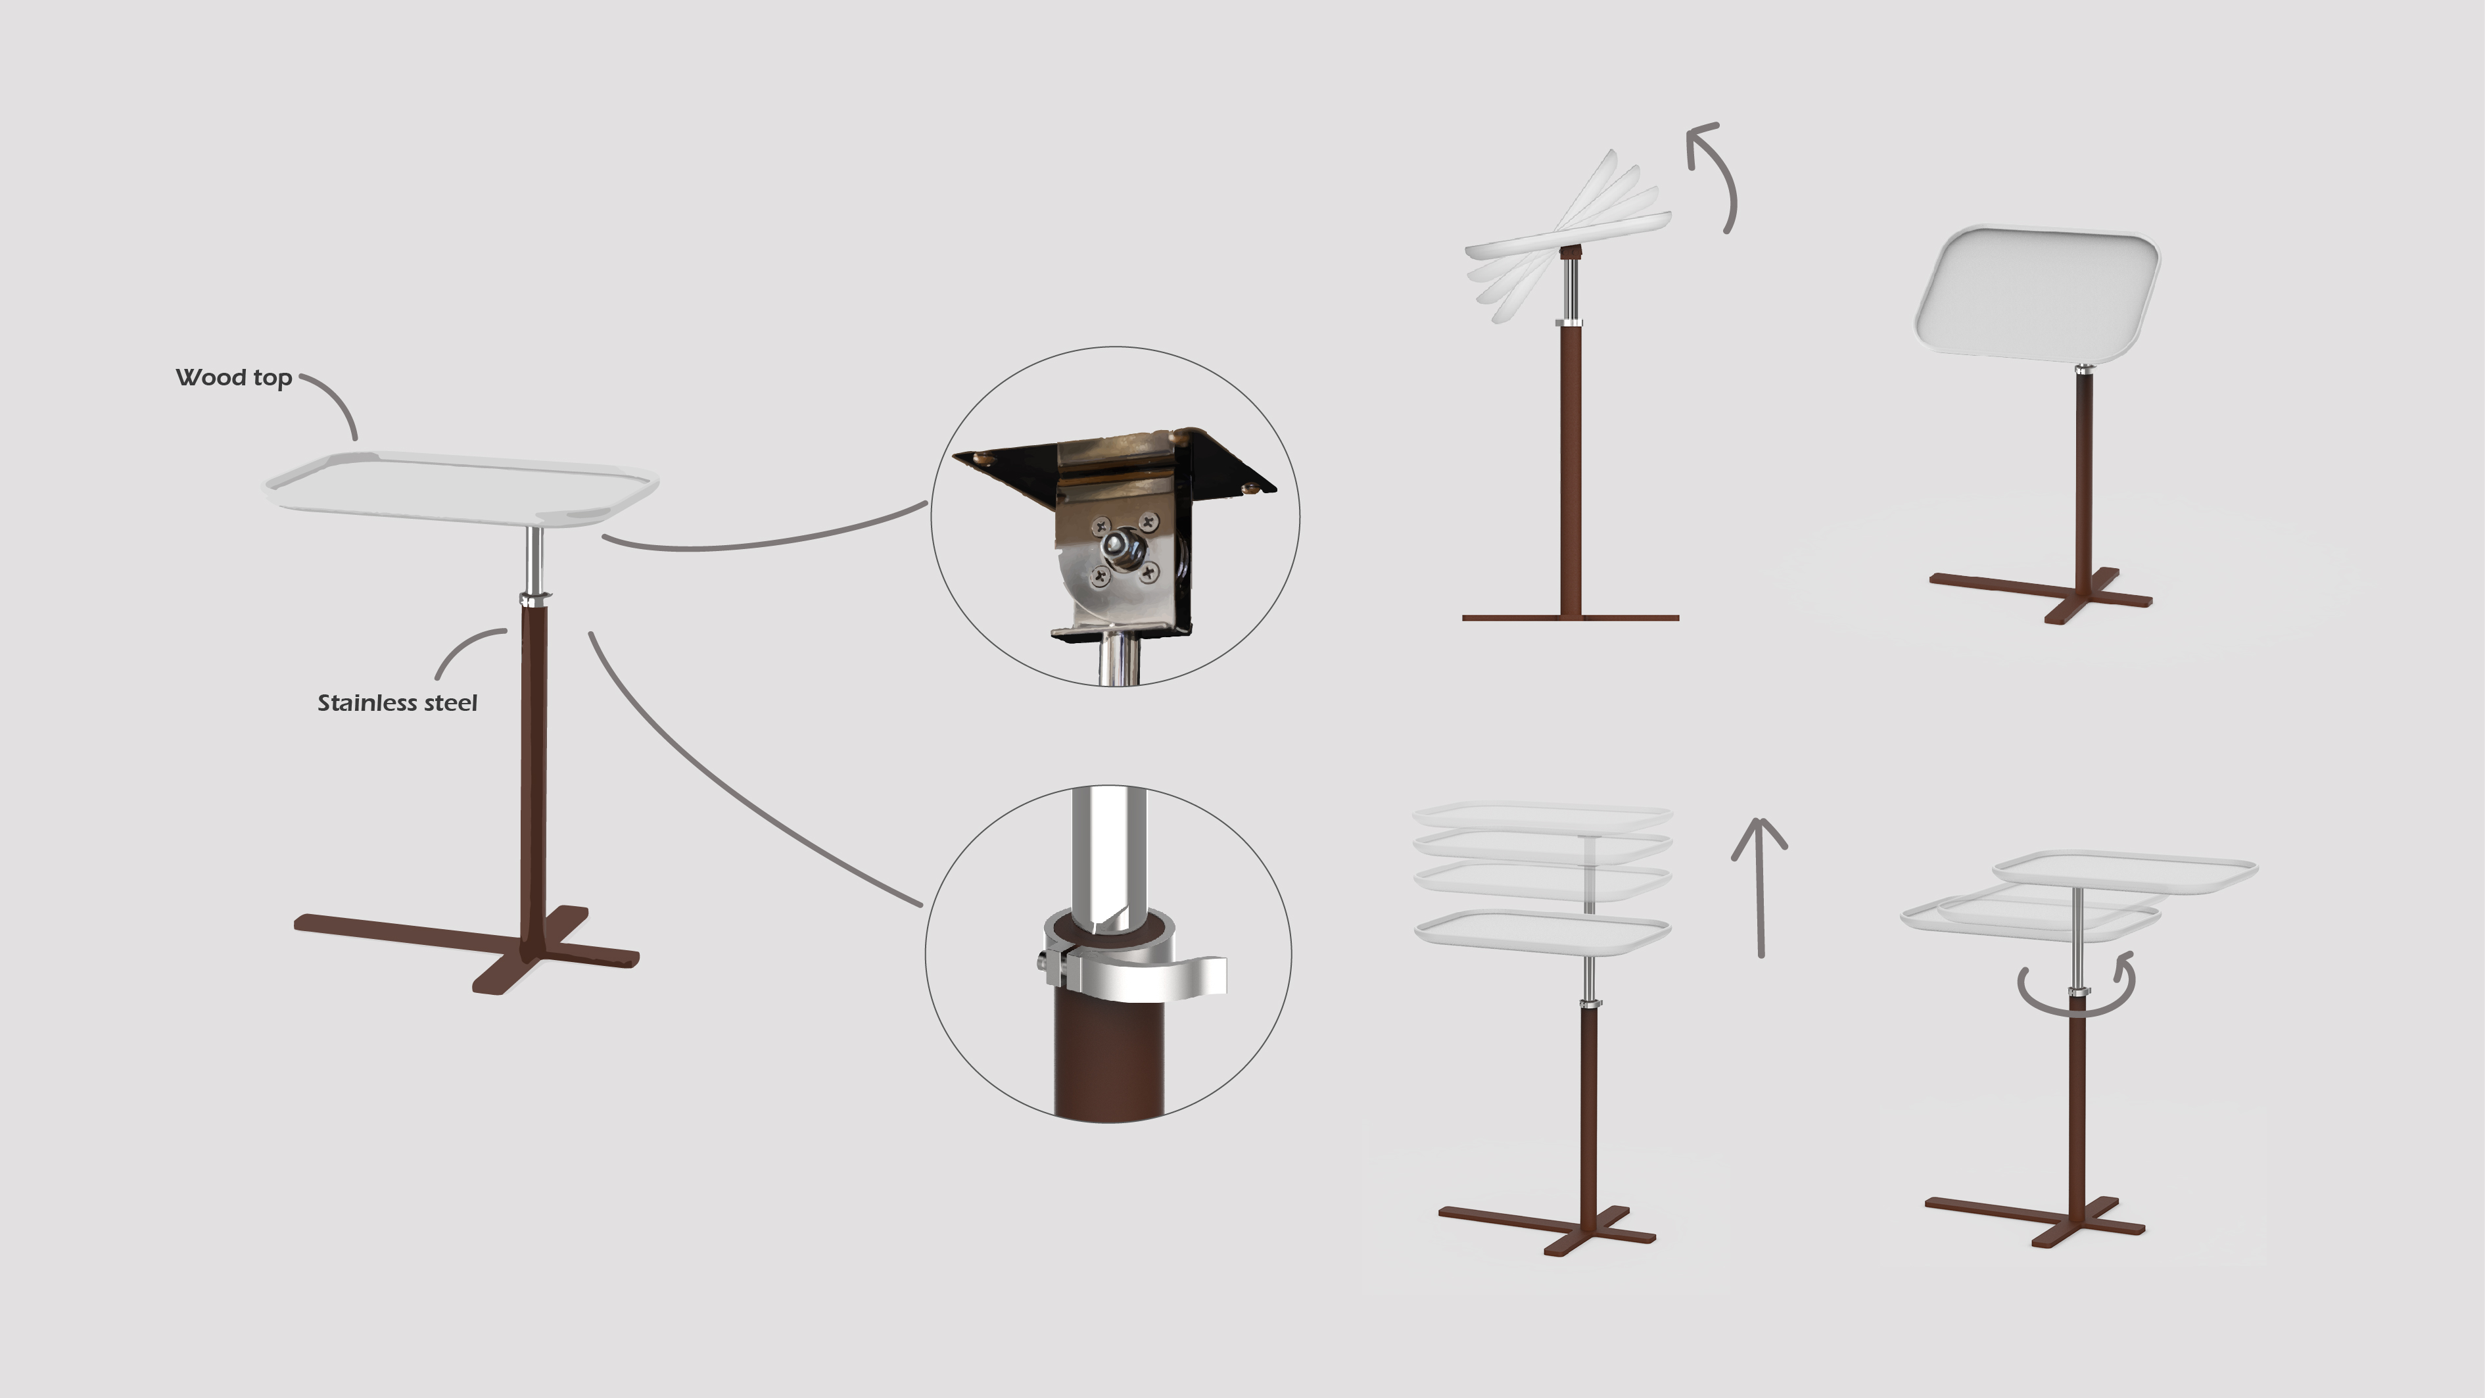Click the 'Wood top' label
pyautogui.click(x=233, y=377)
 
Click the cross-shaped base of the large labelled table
pyautogui.click(x=467, y=948)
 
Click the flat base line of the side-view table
pyautogui.click(x=1571, y=617)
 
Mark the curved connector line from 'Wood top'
pyautogui.click(x=335, y=397)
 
